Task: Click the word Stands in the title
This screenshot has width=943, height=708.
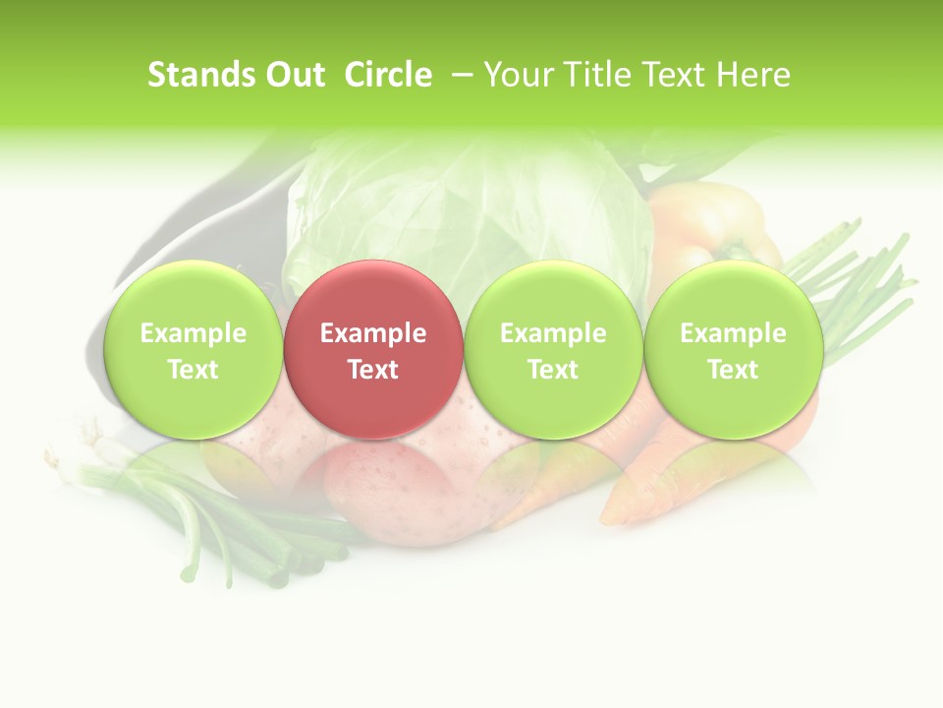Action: [194, 75]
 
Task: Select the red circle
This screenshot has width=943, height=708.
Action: [373, 349]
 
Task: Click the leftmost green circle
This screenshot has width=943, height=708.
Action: [194, 349]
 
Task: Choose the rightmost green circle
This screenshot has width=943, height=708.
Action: [733, 349]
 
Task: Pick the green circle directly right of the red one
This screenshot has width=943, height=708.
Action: [553, 349]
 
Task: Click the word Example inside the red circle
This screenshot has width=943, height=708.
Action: [373, 333]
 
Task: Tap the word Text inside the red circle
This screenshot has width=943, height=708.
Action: [373, 370]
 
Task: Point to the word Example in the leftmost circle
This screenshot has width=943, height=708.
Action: [194, 333]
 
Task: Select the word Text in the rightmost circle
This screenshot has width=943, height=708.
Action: [733, 370]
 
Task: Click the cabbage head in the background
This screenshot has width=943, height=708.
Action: [462, 206]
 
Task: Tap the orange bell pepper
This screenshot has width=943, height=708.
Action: [702, 226]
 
